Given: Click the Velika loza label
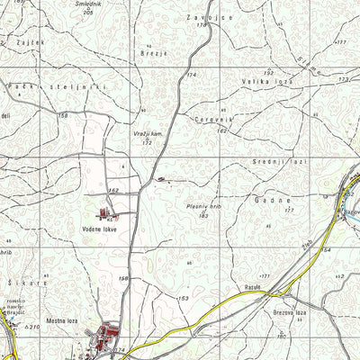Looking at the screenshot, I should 264,81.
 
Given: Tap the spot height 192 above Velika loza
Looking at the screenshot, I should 268,71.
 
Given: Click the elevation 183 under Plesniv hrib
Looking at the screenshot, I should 204,216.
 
